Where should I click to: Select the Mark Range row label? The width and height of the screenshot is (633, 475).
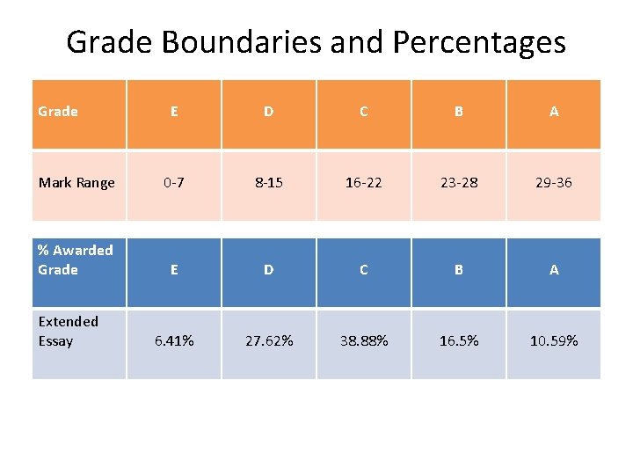[x=76, y=183]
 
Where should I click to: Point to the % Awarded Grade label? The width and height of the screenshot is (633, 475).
[x=76, y=260]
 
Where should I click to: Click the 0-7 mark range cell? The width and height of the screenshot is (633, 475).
[x=174, y=183]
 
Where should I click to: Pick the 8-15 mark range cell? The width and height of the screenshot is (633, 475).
[x=268, y=183]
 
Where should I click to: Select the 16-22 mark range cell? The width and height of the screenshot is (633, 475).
[x=363, y=183]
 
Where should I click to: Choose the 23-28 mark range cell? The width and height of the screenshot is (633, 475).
[x=458, y=183]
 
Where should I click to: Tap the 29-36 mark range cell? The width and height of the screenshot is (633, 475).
[x=553, y=183]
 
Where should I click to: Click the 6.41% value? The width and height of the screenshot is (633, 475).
[x=174, y=341]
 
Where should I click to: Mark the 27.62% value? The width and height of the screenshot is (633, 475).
[x=268, y=341]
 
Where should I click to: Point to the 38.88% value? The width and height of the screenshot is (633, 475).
[x=363, y=341]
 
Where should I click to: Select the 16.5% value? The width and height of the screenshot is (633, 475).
[x=458, y=341]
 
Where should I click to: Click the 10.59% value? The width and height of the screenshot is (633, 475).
[x=553, y=341]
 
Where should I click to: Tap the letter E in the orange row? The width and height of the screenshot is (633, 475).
[x=174, y=112]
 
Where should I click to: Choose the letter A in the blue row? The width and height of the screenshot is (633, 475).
[x=553, y=270]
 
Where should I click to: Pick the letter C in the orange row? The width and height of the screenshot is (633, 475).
[x=363, y=112]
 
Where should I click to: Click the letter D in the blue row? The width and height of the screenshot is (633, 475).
[x=268, y=270]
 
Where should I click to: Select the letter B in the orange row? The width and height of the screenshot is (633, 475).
[x=458, y=112]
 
